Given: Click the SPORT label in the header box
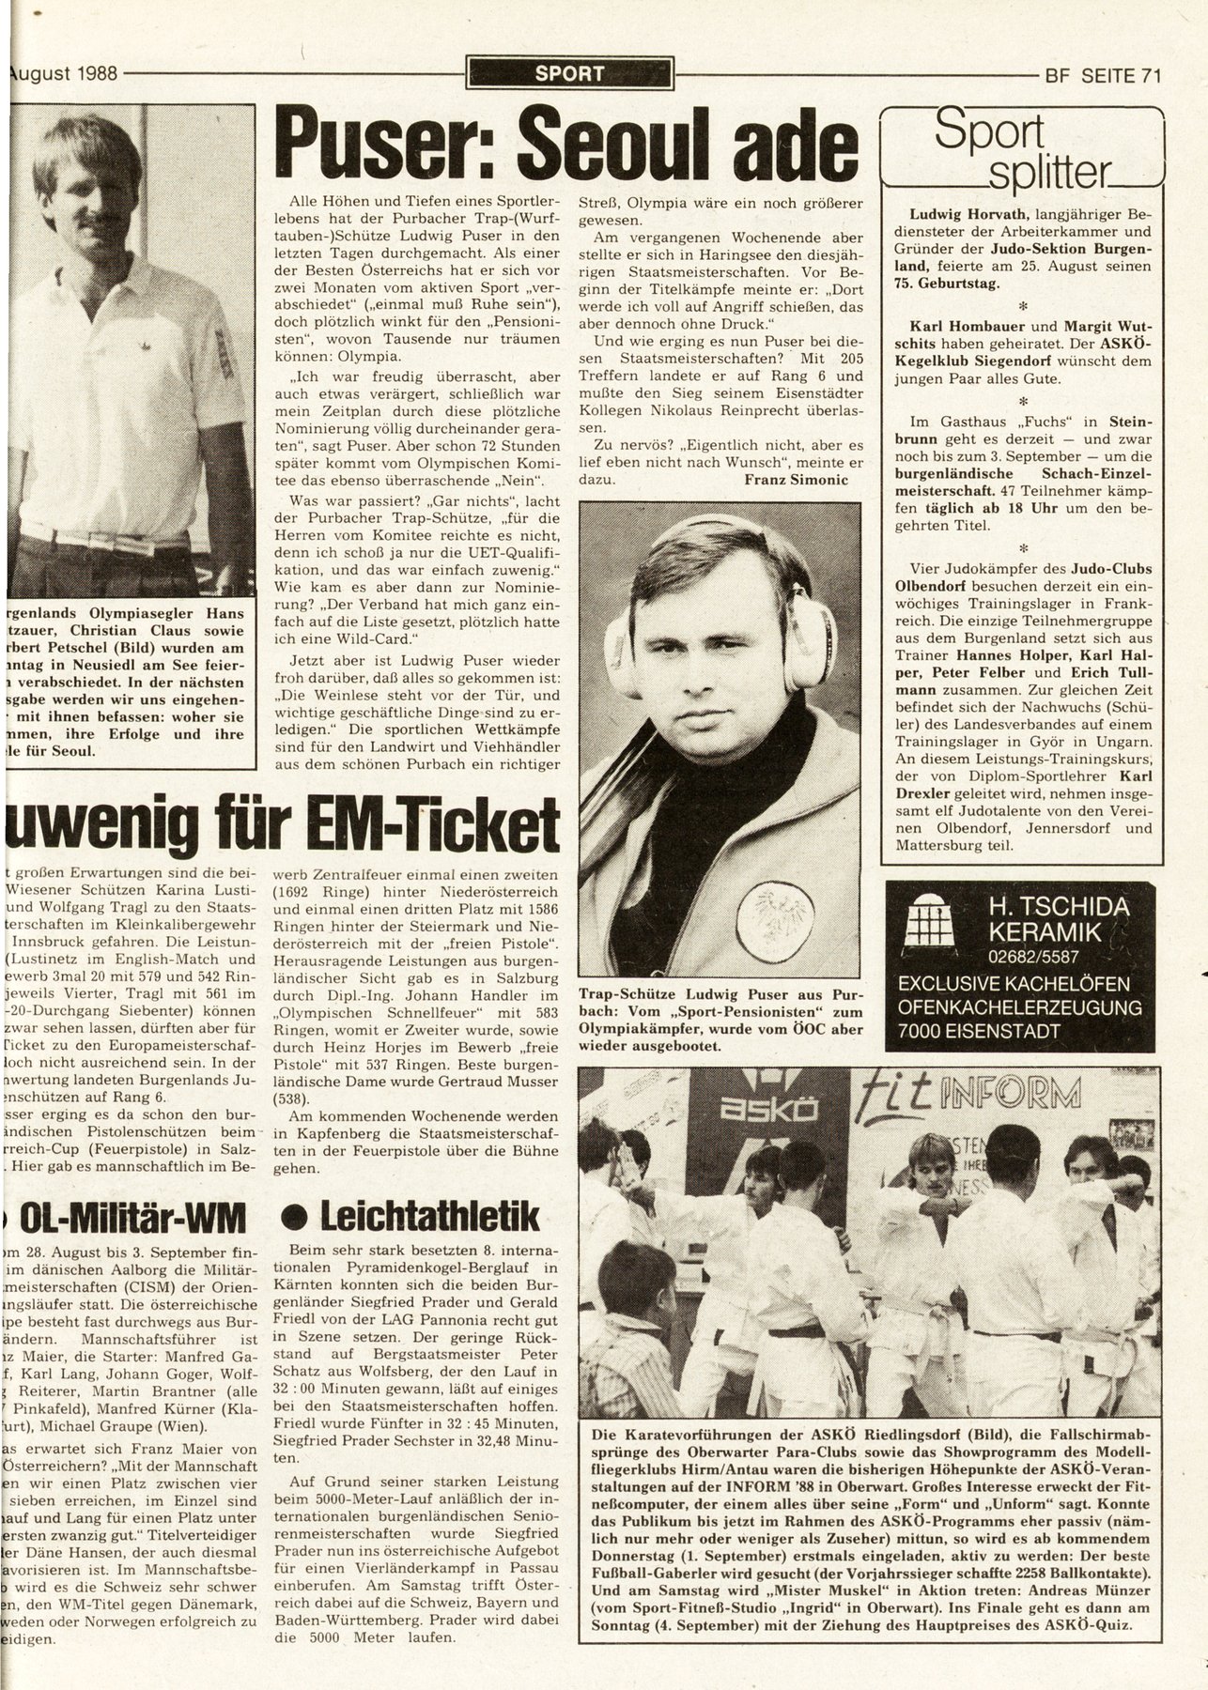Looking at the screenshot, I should click(x=569, y=72).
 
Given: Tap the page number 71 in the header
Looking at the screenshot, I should click(x=1147, y=75).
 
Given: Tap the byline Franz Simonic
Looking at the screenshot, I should click(x=795, y=480).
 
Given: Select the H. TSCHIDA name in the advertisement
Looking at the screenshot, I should click(x=1058, y=907).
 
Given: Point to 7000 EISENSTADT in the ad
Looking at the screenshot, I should click(x=1019, y=1031).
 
